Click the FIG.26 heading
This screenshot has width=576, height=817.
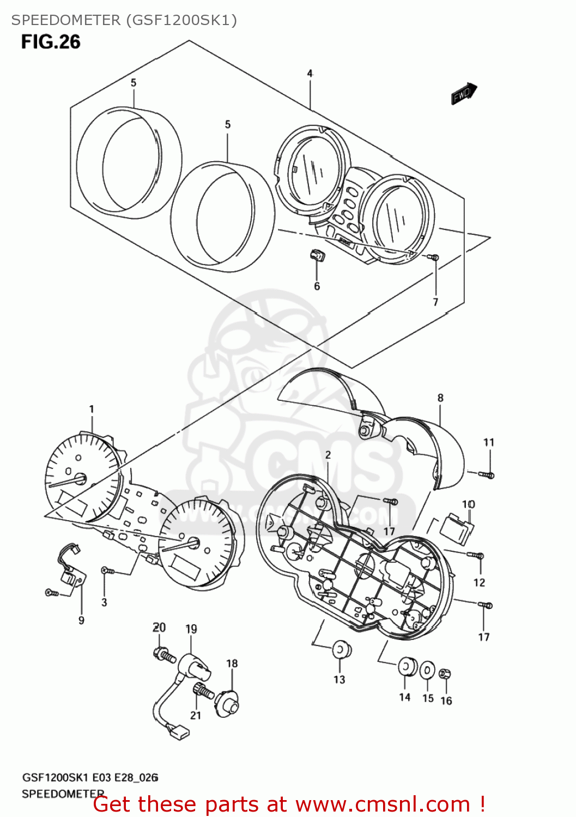[x=51, y=42]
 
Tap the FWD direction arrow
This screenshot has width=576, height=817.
[x=464, y=93]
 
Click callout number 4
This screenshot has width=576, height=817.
[x=310, y=73]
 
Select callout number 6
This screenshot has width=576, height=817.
[x=317, y=286]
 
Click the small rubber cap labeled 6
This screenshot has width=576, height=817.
[x=317, y=254]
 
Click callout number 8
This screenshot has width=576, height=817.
[x=440, y=398]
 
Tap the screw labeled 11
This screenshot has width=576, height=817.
[x=486, y=475]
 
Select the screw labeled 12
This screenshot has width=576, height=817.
[x=476, y=556]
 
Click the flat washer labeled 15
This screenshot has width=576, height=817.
[x=428, y=670]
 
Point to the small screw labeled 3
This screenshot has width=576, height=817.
[x=107, y=571]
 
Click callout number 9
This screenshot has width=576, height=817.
[x=81, y=620]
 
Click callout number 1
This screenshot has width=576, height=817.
[x=92, y=408]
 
